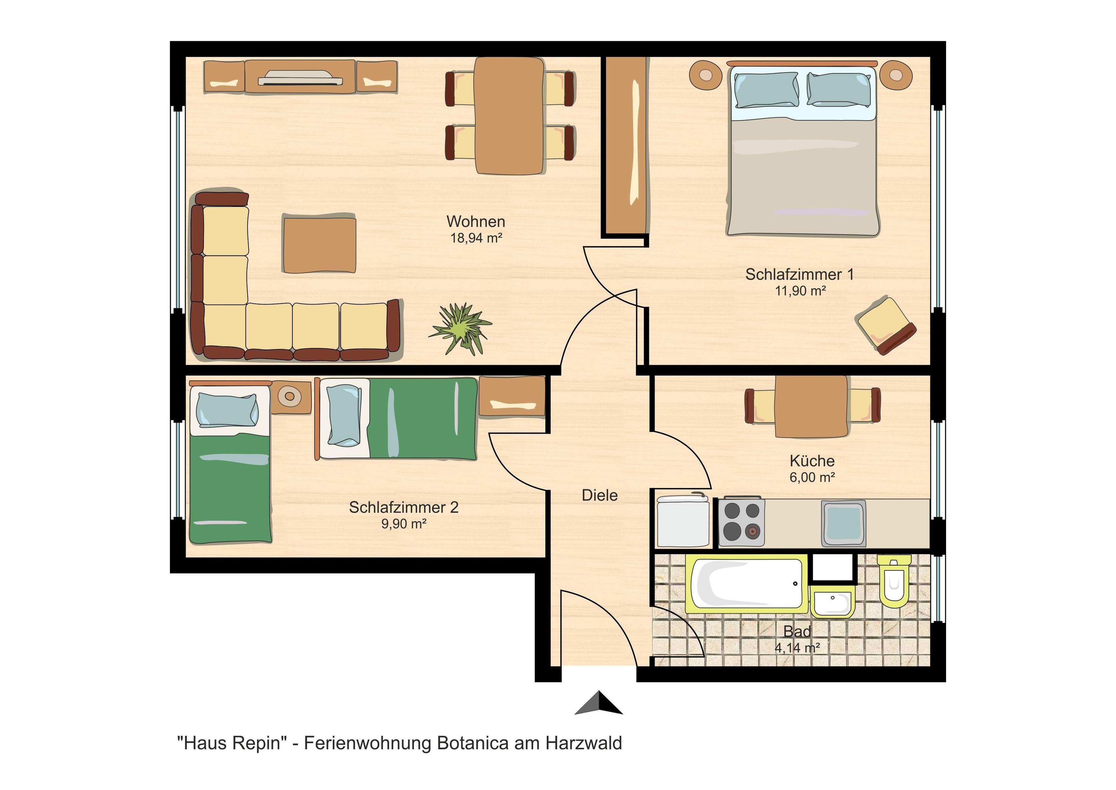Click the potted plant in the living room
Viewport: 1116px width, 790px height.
click(459, 329)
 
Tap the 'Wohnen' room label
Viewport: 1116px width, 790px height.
click(476, 222)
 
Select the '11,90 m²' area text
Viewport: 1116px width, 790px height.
click(800, 291)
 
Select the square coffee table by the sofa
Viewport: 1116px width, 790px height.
click(319, 245)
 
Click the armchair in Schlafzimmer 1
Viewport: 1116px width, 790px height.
click(885, 325)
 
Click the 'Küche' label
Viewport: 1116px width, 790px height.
click(812, 461)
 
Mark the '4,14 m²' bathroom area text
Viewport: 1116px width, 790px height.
click(797, 648)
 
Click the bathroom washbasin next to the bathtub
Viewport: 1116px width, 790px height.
click(833, 602)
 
